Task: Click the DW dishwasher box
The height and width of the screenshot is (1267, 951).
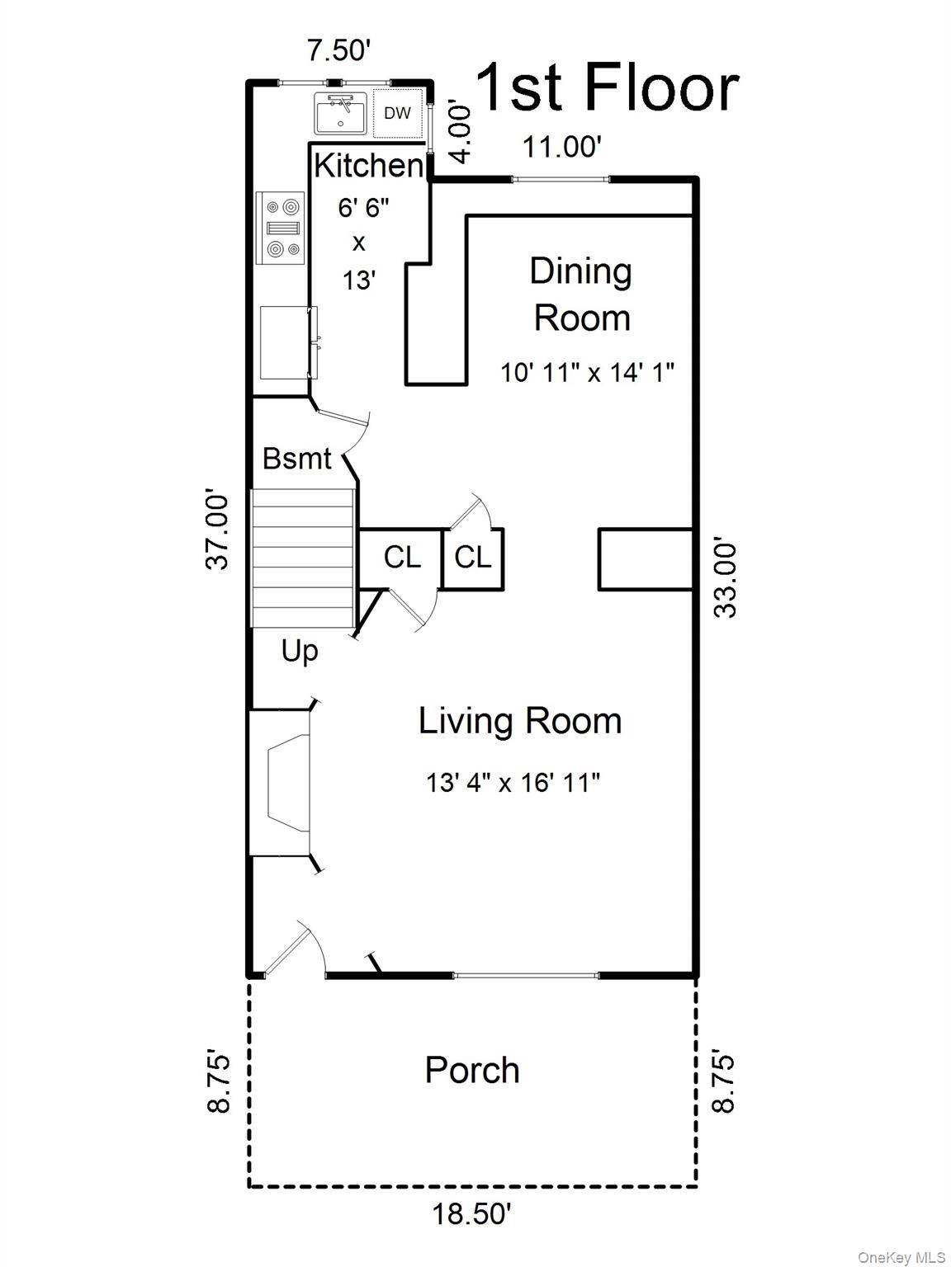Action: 398,113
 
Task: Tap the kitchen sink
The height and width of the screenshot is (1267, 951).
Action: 341,113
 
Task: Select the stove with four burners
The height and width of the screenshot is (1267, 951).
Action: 281,228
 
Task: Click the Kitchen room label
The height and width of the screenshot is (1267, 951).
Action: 369,166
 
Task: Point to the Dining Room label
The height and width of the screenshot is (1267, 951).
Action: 581,295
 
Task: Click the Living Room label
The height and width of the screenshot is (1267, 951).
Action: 520,722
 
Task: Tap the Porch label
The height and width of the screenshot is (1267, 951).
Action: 472,1071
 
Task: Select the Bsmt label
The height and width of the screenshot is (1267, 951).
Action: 297,459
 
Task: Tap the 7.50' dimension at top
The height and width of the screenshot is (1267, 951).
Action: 338,50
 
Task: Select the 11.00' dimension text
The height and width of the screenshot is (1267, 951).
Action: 562,147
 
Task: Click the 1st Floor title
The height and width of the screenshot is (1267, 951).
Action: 608,87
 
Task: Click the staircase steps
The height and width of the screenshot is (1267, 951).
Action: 303,558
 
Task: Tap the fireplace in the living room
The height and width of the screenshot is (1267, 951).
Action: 282,784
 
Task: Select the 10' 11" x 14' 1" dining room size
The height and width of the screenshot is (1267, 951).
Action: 587,372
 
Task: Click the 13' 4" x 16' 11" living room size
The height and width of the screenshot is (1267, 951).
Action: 513,784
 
